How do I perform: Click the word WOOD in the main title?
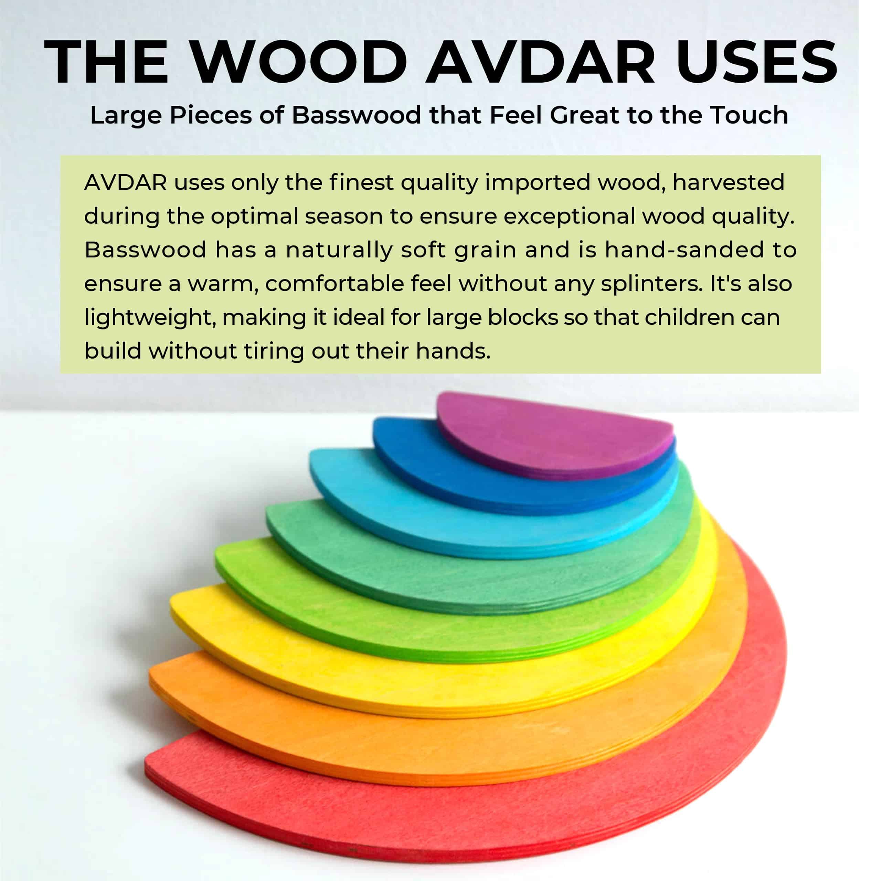click(x=299, y=63)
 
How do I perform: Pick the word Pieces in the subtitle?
click(x=210, y=115)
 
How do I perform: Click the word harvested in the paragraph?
click(x=728, y=182)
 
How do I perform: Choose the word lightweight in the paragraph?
click(x=150, y=317)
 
